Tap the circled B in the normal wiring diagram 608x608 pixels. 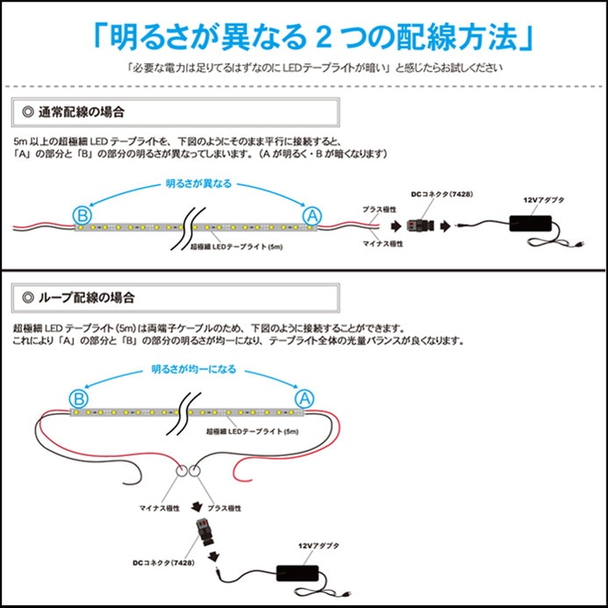[x=79, y=215]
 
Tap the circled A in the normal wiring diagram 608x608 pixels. [x=311, y=215]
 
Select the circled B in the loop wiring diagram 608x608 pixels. [x=79, y=399]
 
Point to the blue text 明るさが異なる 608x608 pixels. [x=198, y=183]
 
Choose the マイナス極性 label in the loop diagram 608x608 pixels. [x=160, y=508]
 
